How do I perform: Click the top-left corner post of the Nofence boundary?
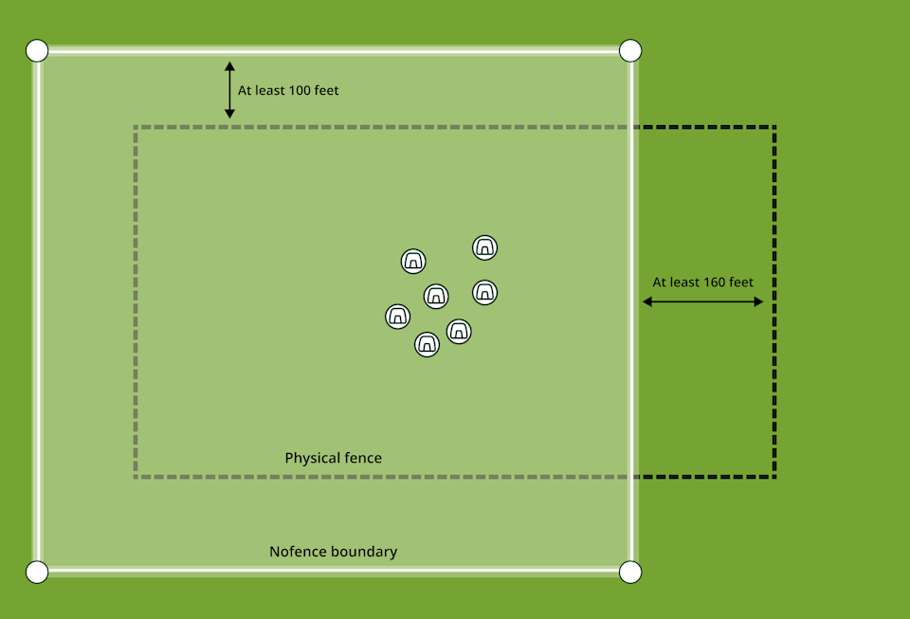[36, 49]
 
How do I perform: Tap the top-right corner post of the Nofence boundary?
[630, 49]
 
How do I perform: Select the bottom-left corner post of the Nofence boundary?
[36, 572]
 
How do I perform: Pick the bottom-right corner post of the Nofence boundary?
[630, 572]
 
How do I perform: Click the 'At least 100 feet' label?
[288, 91]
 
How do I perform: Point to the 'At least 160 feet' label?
[702, 282]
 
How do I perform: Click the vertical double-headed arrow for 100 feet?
[229, 90]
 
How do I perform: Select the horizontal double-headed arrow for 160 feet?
[702, 301]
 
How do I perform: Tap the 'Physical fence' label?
[333, 458]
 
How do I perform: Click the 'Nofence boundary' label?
[333, 552]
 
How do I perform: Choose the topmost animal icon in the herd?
[485, 247]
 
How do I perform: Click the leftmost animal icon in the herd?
[398, 316]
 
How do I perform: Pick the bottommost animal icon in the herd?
[428, 344]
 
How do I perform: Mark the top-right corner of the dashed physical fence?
[774, 127]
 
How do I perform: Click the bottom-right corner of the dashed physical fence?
[774, 476]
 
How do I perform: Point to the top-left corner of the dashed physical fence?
[136, 127]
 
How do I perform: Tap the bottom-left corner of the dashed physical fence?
[136, 476]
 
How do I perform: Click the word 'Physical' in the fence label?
[312, 458]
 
